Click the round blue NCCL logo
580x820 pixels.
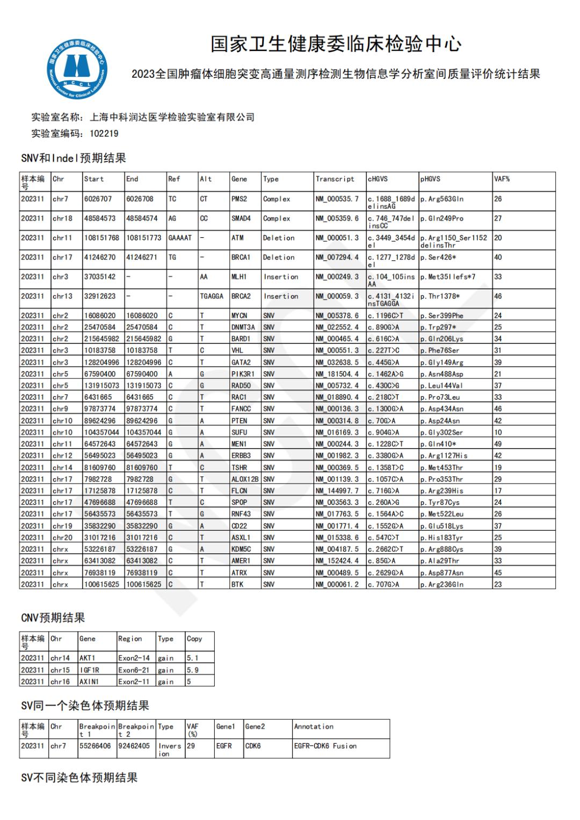tap(76, 69)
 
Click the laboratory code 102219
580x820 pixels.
tap(104, 133)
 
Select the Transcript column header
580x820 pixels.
tap(335, 179)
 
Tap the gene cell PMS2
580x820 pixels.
tap(238, 199)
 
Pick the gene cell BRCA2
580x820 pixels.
tap(241, 296)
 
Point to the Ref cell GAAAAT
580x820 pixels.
tap(179, 238)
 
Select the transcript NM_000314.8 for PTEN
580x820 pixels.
tap(337, 421)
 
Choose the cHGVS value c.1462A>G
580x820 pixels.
tap(386, 374)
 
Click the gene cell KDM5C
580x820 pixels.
tap(241, 549)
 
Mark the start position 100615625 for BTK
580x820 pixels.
tap(102, 584)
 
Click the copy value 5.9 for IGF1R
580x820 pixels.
tap(192, 670)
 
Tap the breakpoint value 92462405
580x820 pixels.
tap(134, 746)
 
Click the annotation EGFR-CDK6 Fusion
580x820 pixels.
tap(325, 746)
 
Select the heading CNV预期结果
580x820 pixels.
tap(53, 618)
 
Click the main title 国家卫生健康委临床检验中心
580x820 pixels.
tap(336, 44)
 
